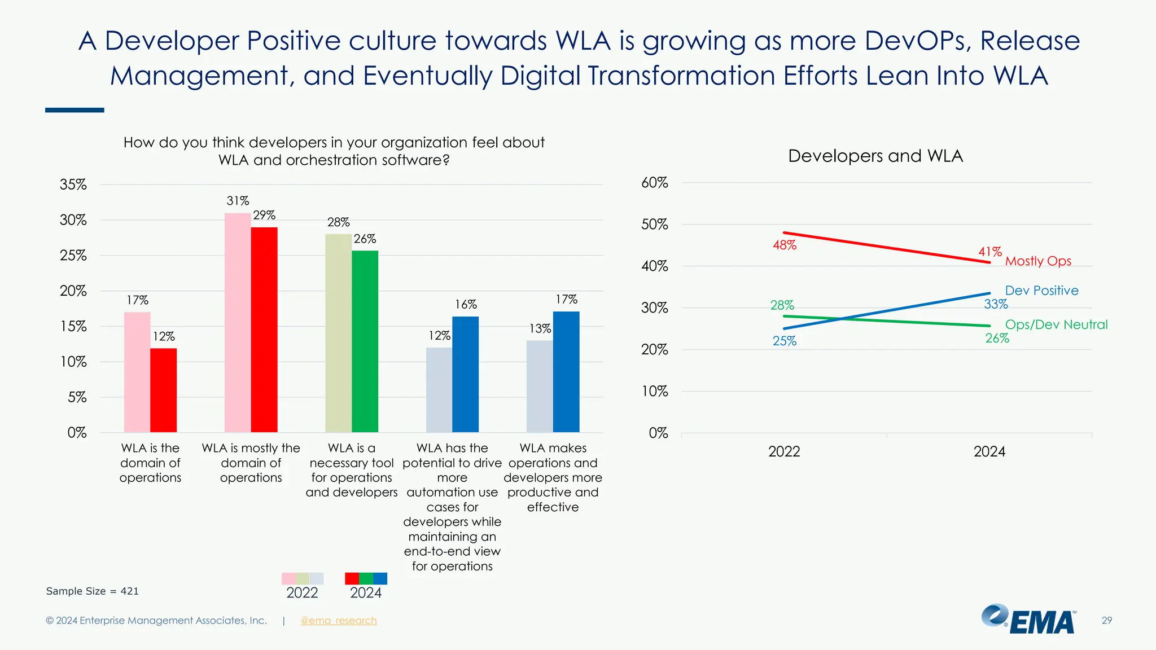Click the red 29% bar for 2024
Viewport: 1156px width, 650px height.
tap(264, 330)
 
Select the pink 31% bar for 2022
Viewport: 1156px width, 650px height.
tap(238, 322)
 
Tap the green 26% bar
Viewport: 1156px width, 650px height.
tap(365, 341)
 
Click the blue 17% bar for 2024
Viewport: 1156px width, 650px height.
tap(566, 372)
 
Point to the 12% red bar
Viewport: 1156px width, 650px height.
tap(163, 390)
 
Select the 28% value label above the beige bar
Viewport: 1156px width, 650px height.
tap(339, 222)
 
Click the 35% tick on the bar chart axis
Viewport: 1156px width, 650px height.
tap(73, 185)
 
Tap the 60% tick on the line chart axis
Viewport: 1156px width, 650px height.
tap(655, 183)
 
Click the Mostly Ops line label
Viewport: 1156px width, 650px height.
tap(1038, 261)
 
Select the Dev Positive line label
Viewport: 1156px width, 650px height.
tap(1041, 291)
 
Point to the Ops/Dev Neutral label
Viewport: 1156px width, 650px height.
tap(1056, 324)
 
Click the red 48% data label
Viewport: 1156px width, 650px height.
tap(785, 245)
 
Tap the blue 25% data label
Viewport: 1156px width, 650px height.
tap(785, 341)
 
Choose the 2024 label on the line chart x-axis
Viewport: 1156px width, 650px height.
tap(989, 451)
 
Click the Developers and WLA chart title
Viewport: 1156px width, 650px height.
tap(875, 156)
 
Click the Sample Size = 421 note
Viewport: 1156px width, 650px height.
tap(92, 591)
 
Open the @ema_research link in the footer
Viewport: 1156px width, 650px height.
tap(338, 621)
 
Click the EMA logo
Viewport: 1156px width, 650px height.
tap(1028, 620)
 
